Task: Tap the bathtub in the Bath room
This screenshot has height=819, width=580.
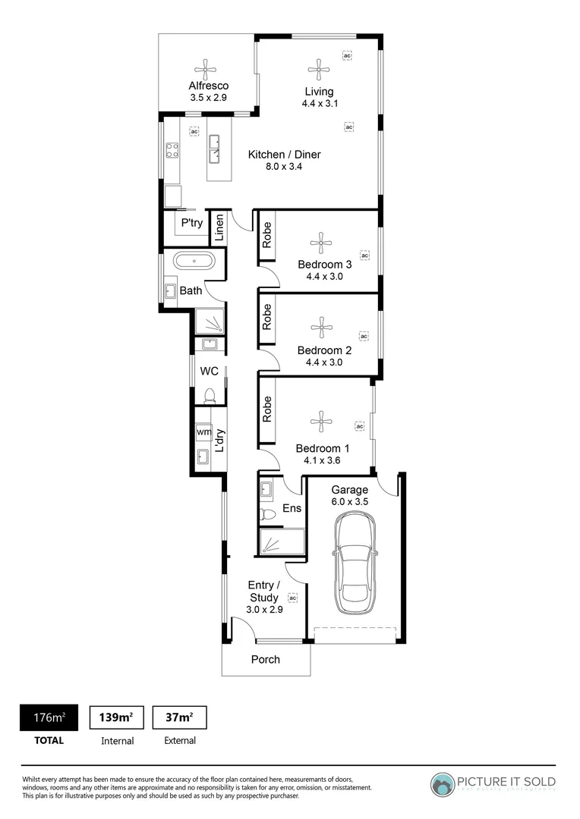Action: tap(194, 262)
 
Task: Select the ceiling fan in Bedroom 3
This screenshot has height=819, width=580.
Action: tap(321, 244)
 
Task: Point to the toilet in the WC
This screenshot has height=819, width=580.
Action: tap(210, 394)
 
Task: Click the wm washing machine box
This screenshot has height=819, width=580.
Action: tap(203, 432)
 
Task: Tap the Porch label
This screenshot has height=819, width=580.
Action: tap(266, 660)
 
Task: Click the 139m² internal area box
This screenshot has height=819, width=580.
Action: tap(117, 717)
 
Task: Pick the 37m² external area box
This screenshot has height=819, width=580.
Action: tap(180, 717)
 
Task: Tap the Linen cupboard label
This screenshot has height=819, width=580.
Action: tap(219, 228)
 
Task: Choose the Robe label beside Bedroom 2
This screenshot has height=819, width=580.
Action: tap(267, 316)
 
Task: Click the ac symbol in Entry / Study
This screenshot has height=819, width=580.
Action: tap(293, 598)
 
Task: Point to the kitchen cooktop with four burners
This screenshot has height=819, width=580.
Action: tap(172, 149)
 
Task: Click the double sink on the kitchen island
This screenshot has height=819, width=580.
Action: tap(215, 149)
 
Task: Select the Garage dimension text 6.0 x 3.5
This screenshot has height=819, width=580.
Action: tap(350, 502)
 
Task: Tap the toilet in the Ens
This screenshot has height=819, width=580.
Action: tap(267, 515)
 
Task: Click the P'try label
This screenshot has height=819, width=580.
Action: tap(191, 223)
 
